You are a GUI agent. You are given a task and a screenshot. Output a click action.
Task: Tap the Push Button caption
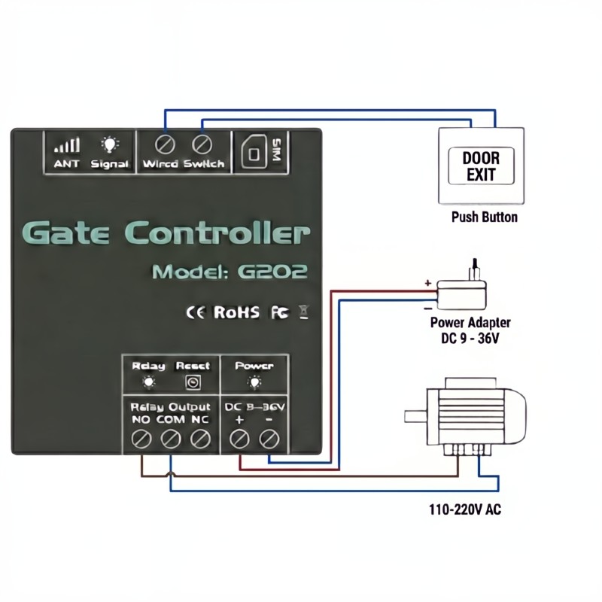click(x=484, y=217)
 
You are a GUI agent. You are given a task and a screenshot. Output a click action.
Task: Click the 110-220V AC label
click(x=464, y=510)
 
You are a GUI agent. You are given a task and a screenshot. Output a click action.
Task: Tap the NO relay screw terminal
click(x=141, y=438)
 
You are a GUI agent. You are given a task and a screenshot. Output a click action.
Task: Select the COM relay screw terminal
click(x=170, y=438)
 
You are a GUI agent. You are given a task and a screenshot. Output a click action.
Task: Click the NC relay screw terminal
click(x=199, y=438)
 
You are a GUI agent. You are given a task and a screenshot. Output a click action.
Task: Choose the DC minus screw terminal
click(x=269, y=438)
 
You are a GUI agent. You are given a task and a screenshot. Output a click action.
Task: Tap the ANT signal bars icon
click(x=66, y=144)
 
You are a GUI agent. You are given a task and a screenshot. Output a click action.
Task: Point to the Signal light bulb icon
click(x=110, y=144)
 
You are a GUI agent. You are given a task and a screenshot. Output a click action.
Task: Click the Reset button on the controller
click(x=193, y=383)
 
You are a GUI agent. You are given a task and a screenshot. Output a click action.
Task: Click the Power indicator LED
click(x=254, y=382)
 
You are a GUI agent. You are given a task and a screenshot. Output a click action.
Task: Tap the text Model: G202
click(x=230, y=272)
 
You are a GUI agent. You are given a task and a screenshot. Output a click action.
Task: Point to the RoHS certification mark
click(x=236, y=312)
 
